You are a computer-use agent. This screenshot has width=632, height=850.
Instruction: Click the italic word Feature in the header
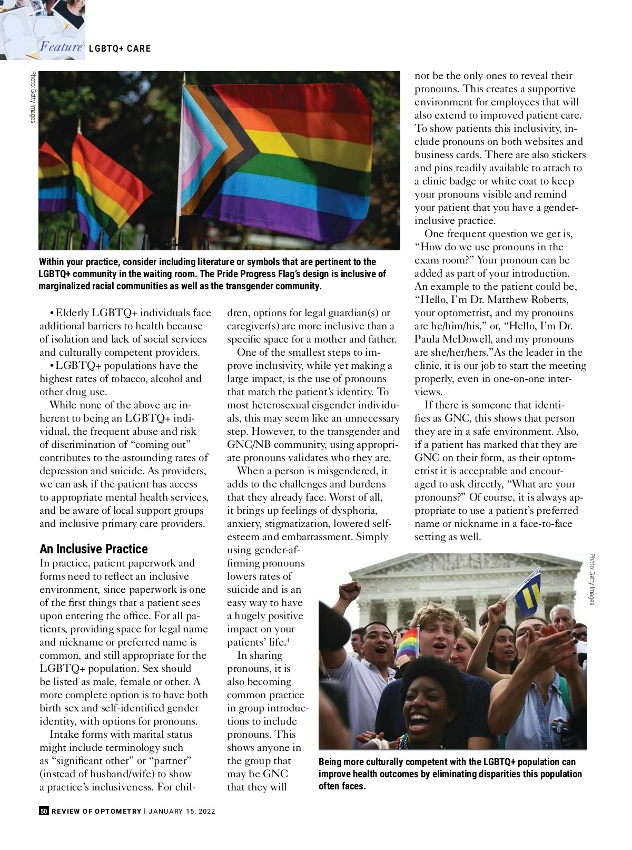tap(61, 47)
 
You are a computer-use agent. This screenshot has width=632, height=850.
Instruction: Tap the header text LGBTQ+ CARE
tap(120, 48)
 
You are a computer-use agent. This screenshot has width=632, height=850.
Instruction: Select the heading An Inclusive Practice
tap(93, 549)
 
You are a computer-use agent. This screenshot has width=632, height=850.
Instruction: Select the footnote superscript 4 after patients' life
tap(288, 640)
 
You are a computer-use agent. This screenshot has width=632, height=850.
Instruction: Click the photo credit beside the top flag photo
tap(33, 97)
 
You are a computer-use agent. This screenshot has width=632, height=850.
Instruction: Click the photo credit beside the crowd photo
tap(592, 579)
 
